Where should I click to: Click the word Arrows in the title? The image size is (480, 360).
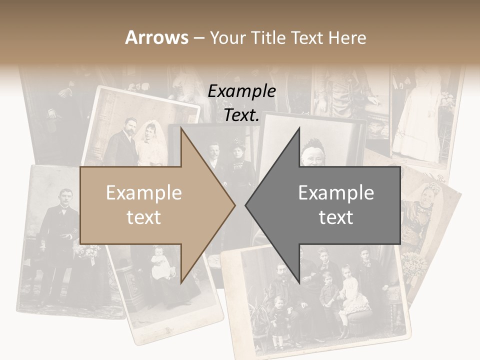(156, 37)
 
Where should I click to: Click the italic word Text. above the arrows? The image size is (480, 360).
(241, 115)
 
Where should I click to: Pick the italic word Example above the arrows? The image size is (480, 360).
(241, 91)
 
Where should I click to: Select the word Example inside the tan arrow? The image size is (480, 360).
(144, 192)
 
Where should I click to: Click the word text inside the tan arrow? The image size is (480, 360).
(144, 217)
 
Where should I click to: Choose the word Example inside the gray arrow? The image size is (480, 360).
(336, 192)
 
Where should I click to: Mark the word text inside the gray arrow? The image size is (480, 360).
(336, 217)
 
